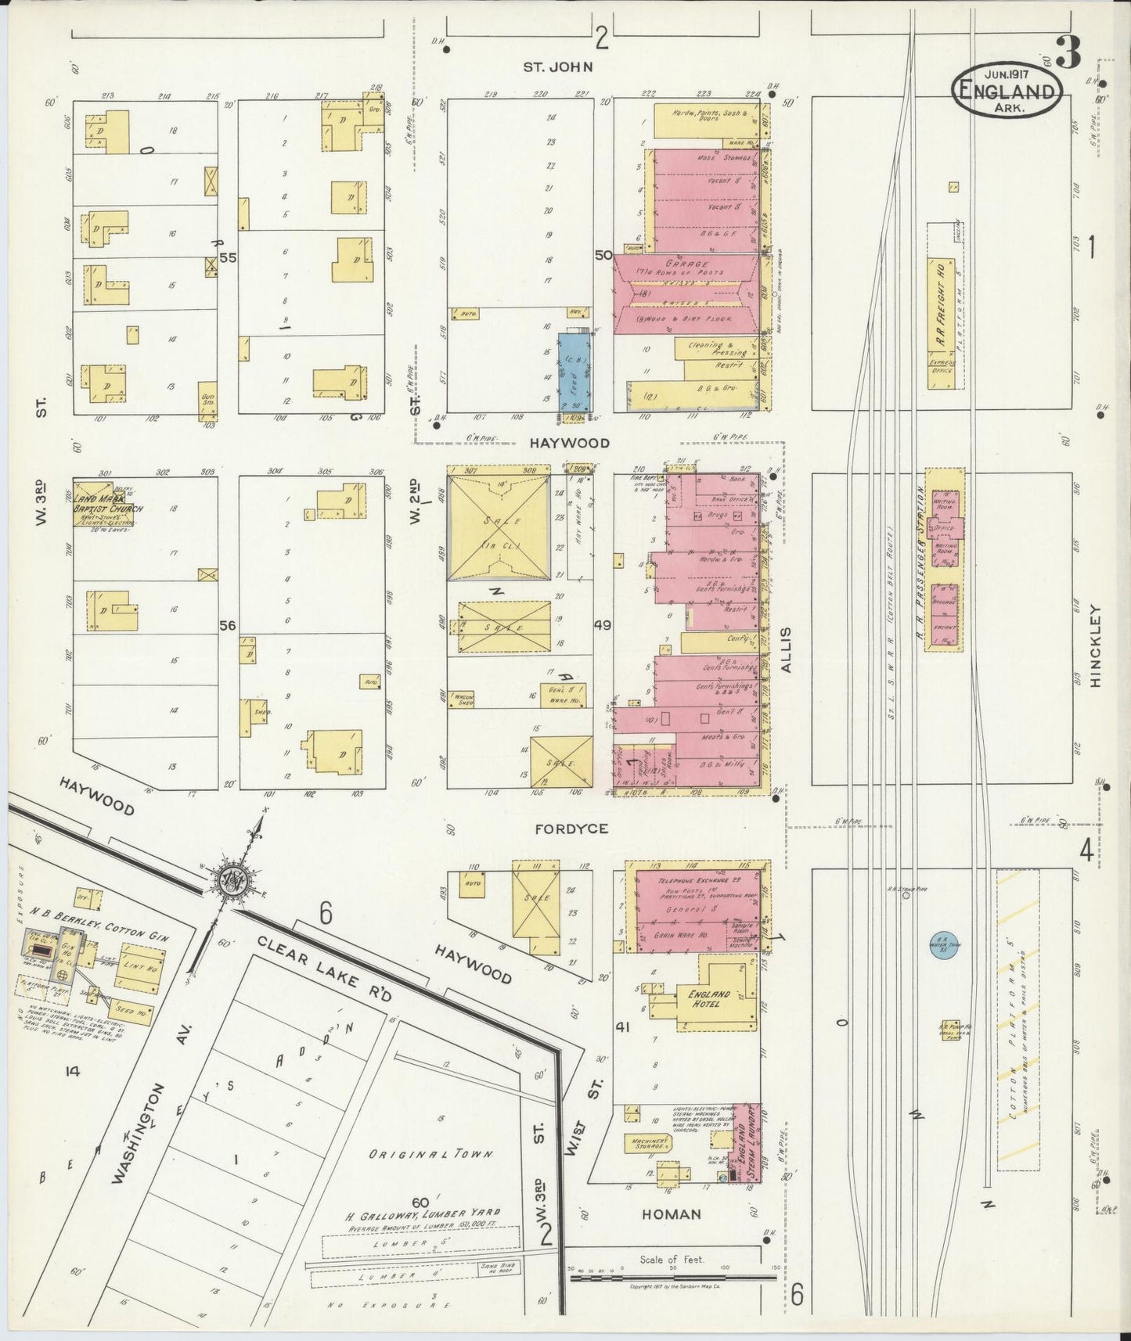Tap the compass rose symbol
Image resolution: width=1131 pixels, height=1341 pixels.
[232, 878]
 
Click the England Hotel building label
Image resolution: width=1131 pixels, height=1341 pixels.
[709, 998]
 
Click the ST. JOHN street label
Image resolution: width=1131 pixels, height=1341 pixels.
[558, 67]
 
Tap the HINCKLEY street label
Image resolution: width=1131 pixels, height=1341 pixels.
[1094, 647]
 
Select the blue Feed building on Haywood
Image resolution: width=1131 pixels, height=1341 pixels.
[574, 373]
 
